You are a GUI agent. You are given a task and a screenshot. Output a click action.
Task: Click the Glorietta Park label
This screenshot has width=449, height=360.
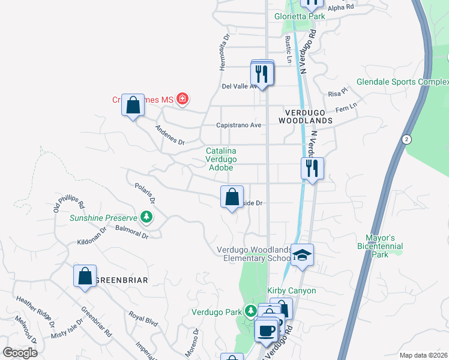[300, 16]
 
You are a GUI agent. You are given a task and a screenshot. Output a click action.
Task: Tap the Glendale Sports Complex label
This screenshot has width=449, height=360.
[402, 82]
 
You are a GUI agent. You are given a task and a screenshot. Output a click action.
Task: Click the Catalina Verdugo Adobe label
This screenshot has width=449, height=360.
[221, 160]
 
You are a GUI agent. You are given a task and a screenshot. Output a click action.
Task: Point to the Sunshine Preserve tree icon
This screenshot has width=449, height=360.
[145, 216]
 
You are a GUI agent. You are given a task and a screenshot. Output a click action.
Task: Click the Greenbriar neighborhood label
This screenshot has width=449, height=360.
[122, 280]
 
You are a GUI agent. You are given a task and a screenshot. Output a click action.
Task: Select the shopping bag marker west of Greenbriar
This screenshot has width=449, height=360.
[85, 277]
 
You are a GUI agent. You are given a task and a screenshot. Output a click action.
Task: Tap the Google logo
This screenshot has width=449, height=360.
[20, 353]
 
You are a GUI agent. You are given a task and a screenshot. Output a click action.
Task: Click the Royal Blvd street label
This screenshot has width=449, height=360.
[143, 319]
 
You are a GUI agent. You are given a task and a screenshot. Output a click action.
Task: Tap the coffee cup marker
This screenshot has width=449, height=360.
[266, 329]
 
